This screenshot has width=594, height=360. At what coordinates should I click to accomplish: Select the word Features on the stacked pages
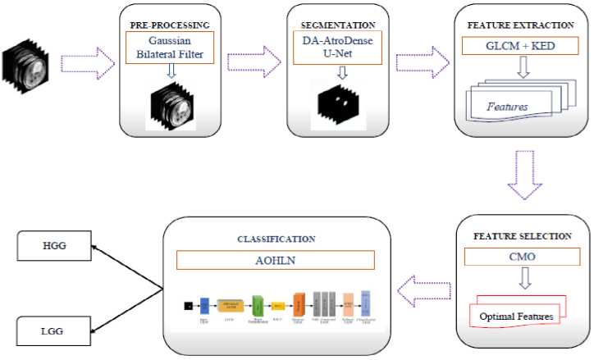pyautogui.click(x=507, y=107)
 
